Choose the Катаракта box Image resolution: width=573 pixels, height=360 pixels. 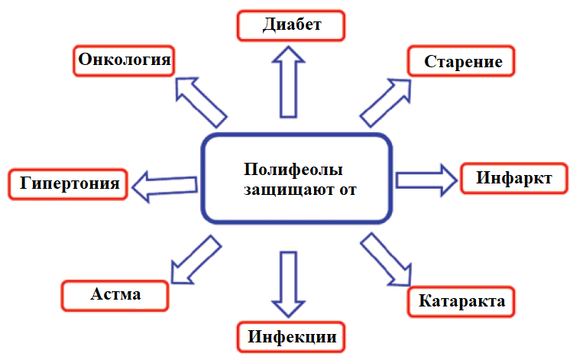click(462, 300)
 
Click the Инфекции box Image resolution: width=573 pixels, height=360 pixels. click(290, 336)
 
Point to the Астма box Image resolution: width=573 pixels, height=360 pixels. click(115, 294)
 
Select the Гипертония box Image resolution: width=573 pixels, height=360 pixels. click(69, 183)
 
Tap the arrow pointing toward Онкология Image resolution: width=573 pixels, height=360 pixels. click(199, 100)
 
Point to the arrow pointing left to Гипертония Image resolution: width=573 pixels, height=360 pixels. click(164, 183)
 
